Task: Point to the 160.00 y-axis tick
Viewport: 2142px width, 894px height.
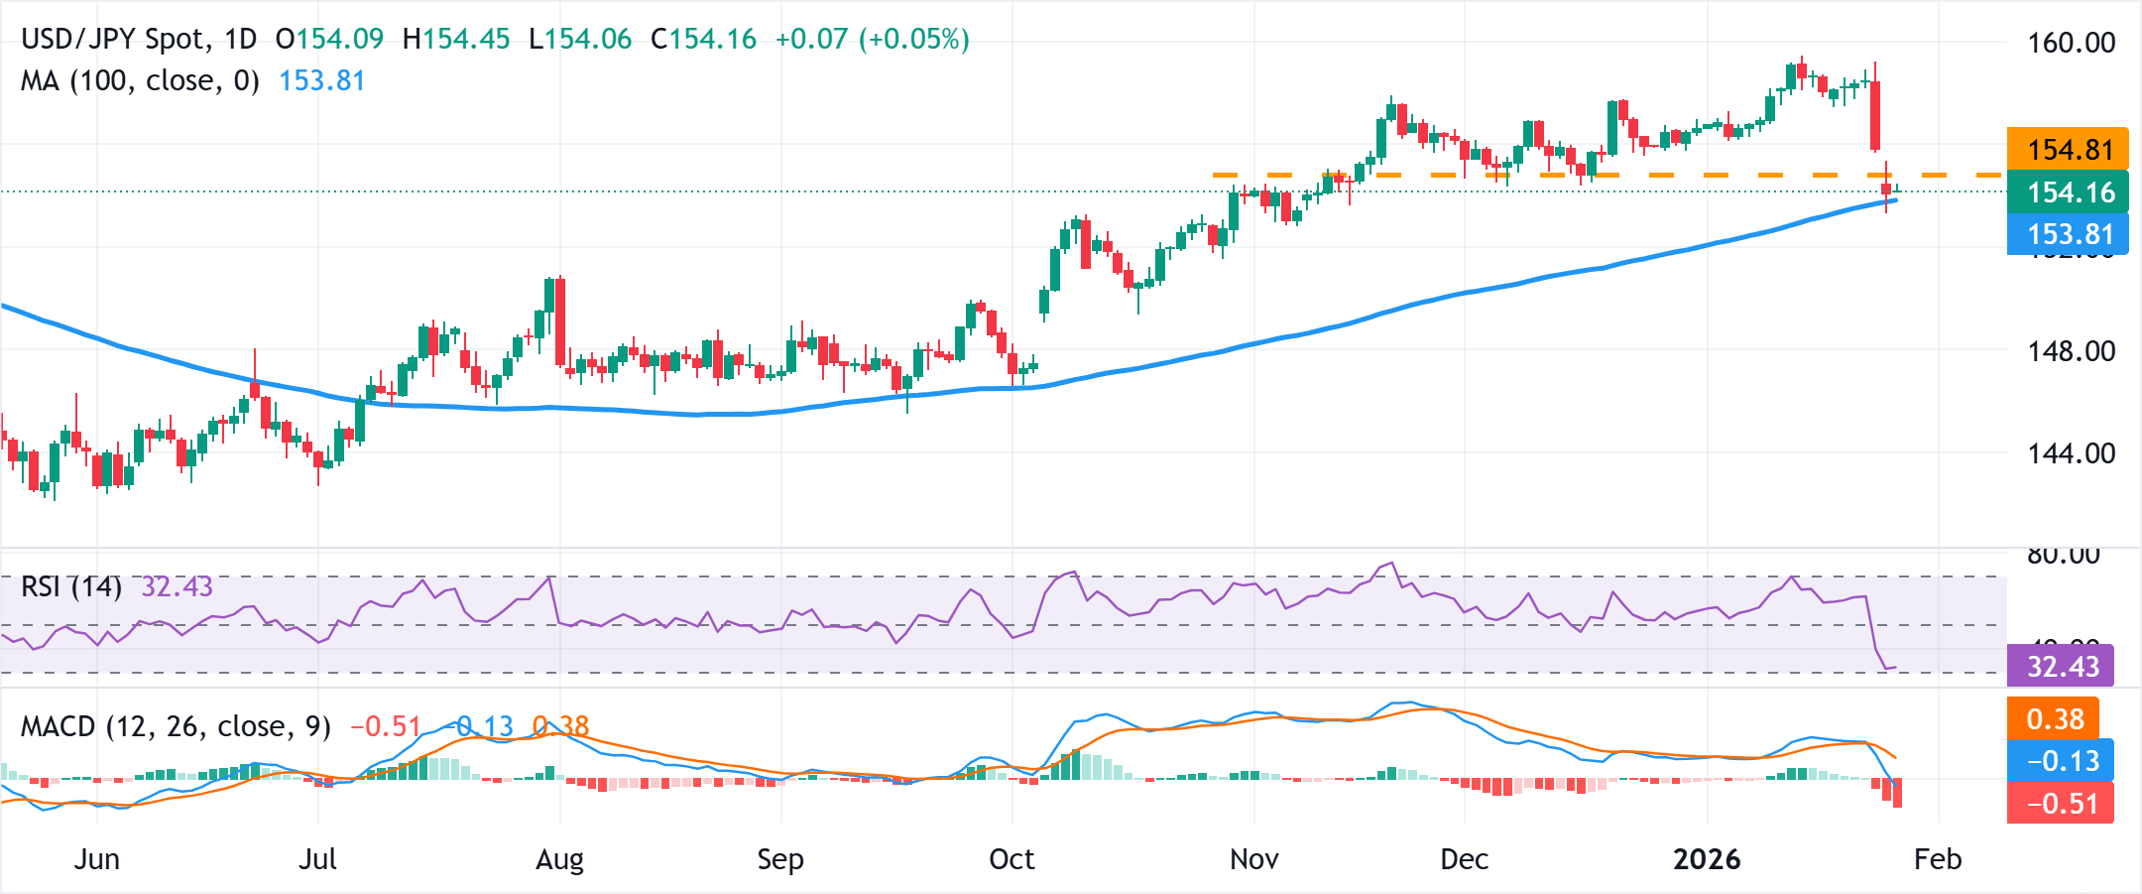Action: tap(2071, 43)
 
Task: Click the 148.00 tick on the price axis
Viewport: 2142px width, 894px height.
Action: tap(2071, 351)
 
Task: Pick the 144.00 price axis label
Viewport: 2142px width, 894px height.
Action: tap(2071, 453)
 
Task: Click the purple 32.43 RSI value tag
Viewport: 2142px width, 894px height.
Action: tap(2061, 666)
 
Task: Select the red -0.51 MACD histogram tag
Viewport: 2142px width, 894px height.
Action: tap(2061, 803)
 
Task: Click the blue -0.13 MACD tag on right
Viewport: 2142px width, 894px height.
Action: tap(2061, 761)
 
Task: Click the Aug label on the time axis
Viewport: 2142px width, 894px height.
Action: tap(559, 859)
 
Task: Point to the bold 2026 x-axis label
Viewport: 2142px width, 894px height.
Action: tap(1707, 859)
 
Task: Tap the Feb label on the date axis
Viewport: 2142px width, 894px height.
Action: tap(1937, 859)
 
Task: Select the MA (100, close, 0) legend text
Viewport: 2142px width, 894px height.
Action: tap(140, 80)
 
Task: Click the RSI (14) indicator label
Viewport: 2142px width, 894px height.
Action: tap(70, 586)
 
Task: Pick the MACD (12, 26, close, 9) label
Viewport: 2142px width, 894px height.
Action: tap(176, 726)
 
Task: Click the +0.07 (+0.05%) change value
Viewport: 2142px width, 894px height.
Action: tap(872, 39)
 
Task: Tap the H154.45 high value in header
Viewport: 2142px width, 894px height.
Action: tap(456, 39)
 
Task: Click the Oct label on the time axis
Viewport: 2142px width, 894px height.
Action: tap(1011, 859)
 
